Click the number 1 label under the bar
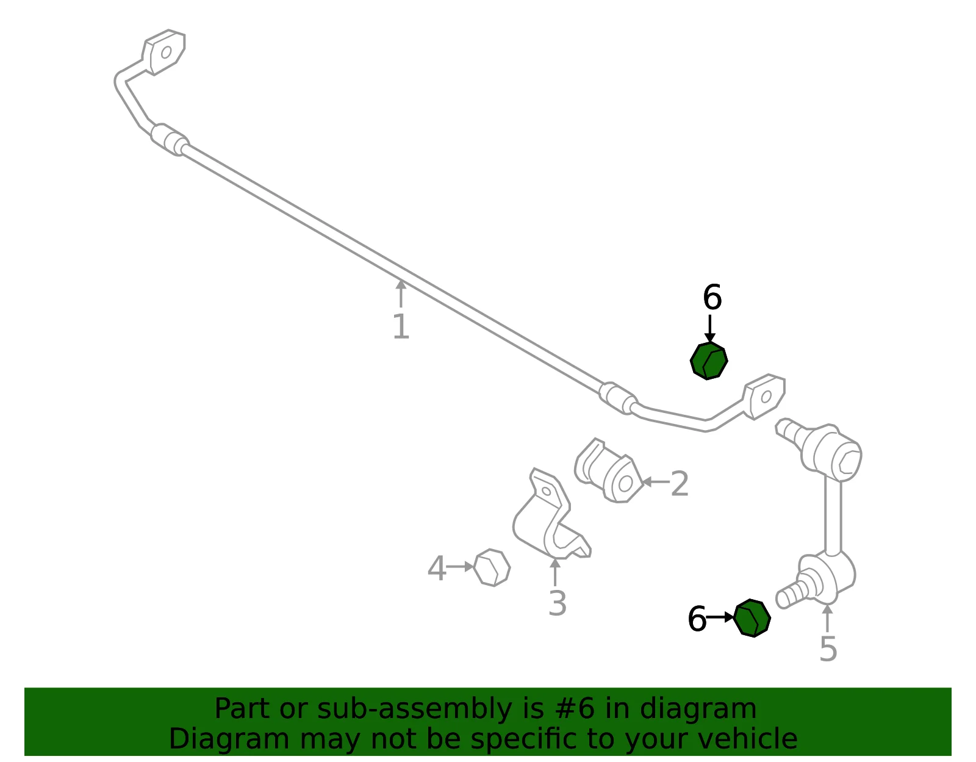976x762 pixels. (401, 326)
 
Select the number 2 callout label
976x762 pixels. (680, 484)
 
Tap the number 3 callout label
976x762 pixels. (558, 603)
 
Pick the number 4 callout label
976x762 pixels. (437, 568)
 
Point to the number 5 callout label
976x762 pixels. (828, 649)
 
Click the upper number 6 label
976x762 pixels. (712, 297)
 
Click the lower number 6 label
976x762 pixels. (697, 619)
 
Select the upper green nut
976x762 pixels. (709, 361)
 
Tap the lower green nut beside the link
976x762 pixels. (752, 618)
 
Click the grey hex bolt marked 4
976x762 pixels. (492, 567)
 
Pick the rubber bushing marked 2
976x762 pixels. (609, 471)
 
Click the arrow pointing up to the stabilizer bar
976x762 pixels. (401, 293)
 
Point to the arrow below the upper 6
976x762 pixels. (709, 329)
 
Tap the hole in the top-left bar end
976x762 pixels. (166, 52)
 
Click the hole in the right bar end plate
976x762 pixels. (767, 397)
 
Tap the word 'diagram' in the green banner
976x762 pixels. (698, 709)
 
